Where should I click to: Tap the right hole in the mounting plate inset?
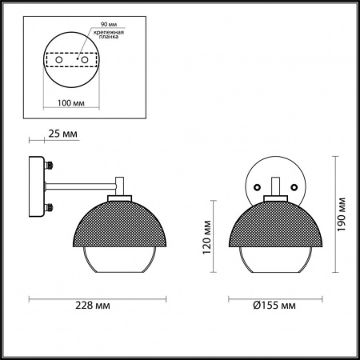[x=81, y=59]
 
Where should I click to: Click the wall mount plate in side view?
[x=36, y=187]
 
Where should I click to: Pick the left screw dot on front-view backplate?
[x=258, y=186]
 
